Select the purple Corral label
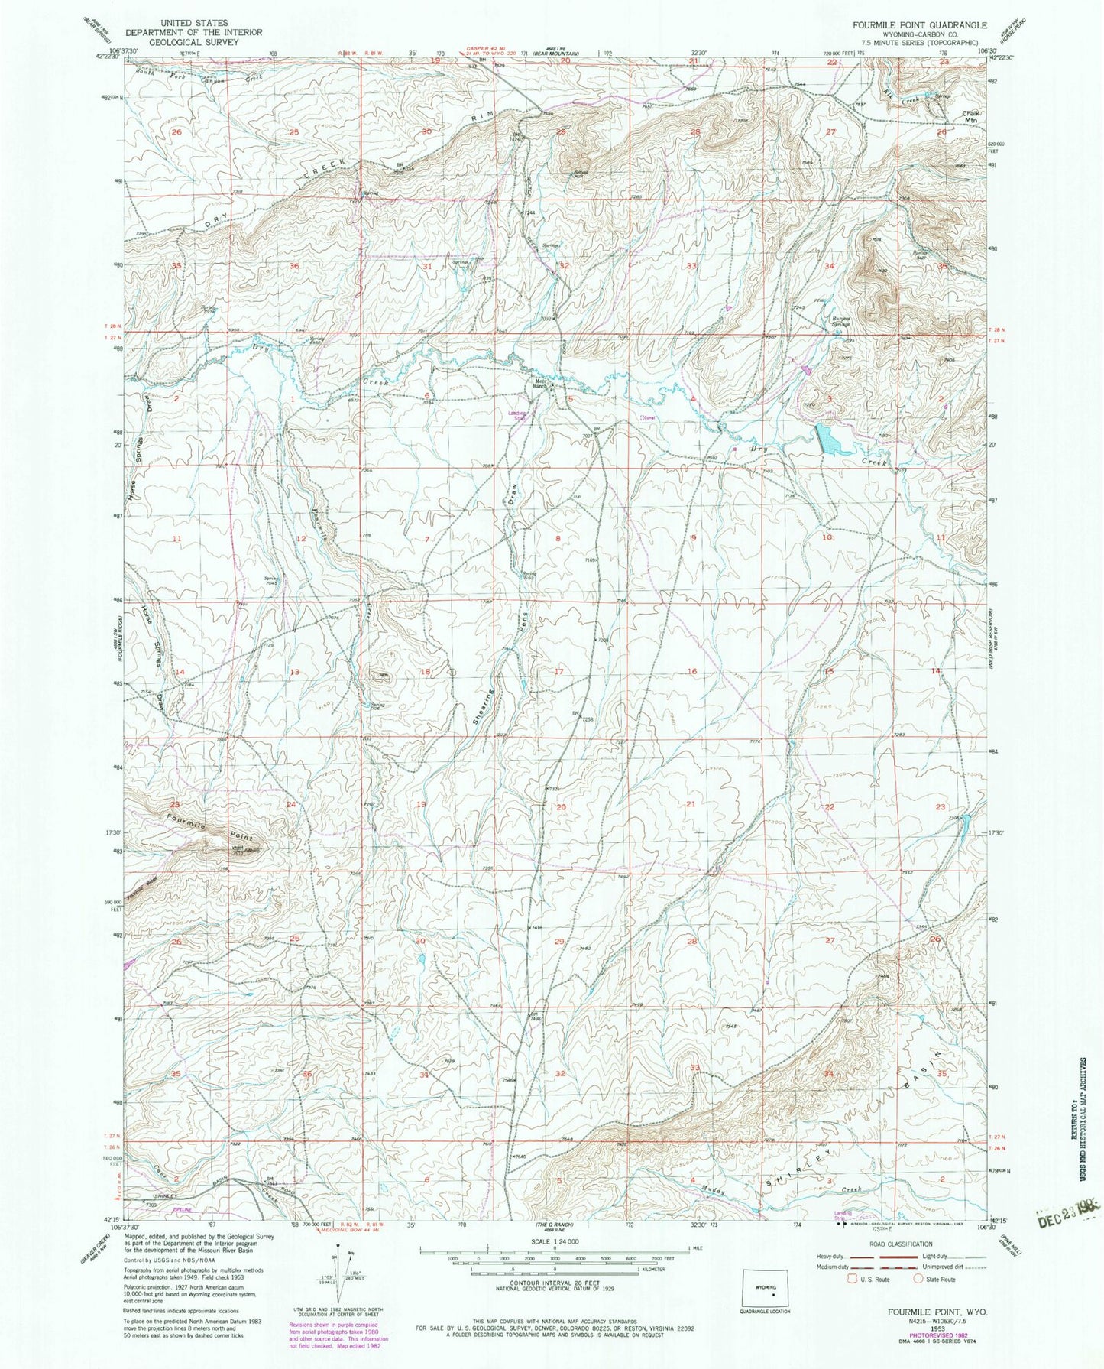(x=649, y=417)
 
